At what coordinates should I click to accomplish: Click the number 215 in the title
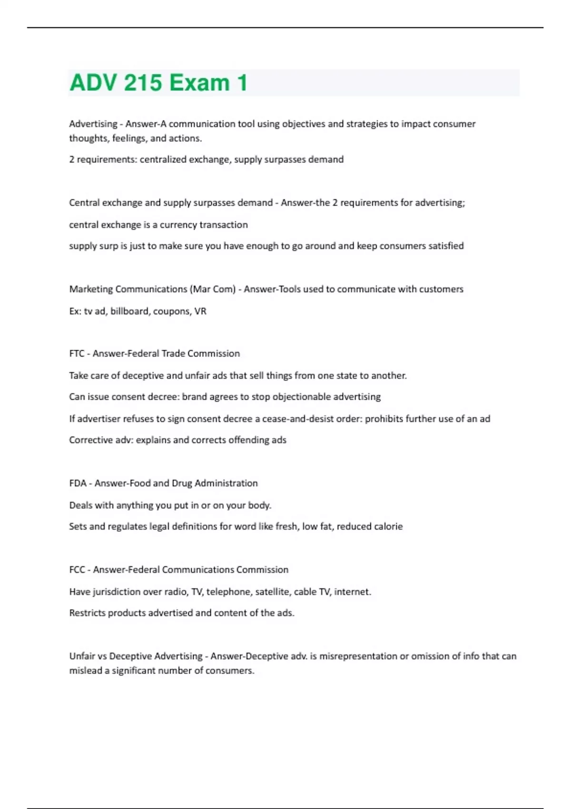point(142,83)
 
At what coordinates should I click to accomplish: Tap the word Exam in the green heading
point(199,83)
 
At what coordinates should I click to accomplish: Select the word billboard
point(131,311)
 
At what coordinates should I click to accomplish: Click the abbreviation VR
point(200,311)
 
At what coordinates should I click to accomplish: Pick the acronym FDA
point(78,483)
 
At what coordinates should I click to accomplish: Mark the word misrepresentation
point(358,656)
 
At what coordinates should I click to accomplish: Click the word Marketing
point(91,289)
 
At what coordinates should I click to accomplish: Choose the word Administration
point(226,483)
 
